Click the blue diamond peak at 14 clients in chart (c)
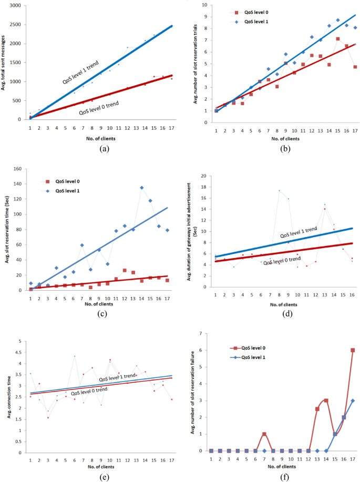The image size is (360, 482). (142, 188)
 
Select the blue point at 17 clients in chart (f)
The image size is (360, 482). (353, 401)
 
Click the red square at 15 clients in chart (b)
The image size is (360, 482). (338, 39)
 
